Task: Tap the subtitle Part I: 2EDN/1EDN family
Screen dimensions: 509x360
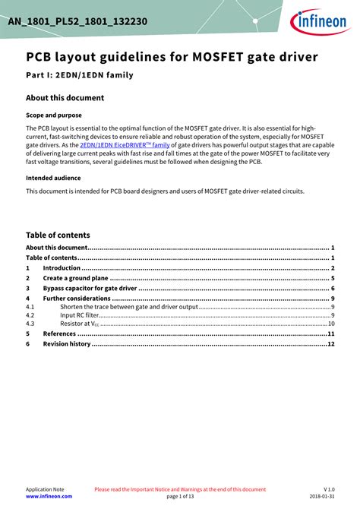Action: (x=80, y=75)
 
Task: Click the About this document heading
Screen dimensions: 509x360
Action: (x=65, y=98)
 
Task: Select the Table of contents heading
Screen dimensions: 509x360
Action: (x=58, y=235)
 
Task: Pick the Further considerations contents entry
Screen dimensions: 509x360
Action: (x=76, y=299)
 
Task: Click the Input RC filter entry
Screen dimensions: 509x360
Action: (x=80, y=315)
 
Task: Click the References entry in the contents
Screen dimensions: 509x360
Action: (x=59, y=334)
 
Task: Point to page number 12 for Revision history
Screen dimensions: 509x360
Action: (x=331, y=343)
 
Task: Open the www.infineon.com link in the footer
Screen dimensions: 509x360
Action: (x=49, y=495)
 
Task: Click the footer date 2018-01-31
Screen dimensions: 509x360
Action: (x=322, y=495)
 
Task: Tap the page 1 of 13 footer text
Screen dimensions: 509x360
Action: (x=179, y=495)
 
